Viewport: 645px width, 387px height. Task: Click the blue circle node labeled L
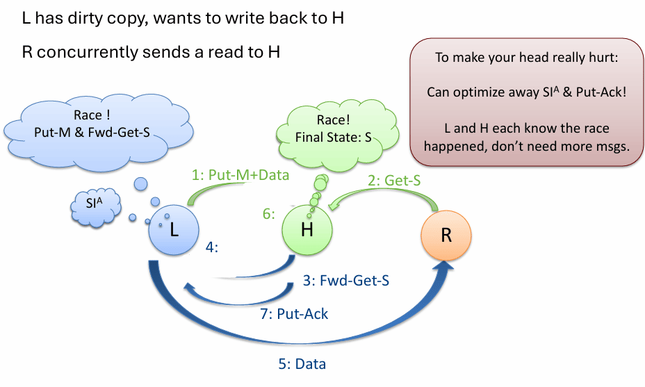click(x=174, y=230)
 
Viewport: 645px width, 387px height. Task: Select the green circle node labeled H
click(x=307, y=230)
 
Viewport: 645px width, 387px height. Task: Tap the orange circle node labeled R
click(x=446, y=234)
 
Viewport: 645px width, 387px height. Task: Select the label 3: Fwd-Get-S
click(x=346, y=281)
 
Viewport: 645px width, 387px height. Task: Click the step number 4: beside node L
click(x=212, y=246)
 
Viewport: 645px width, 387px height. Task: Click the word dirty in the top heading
click(x=89, y=19)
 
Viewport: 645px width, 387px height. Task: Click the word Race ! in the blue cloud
click(x=88, y=116)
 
